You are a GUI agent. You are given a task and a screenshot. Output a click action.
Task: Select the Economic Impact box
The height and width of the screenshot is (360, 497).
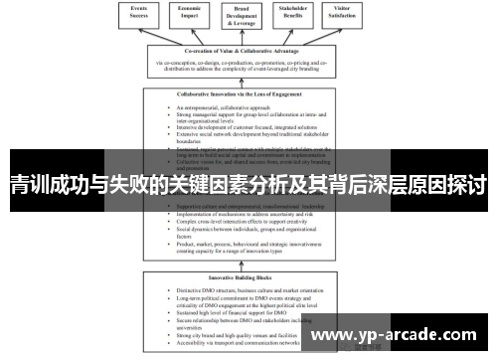tap(195, 13)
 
